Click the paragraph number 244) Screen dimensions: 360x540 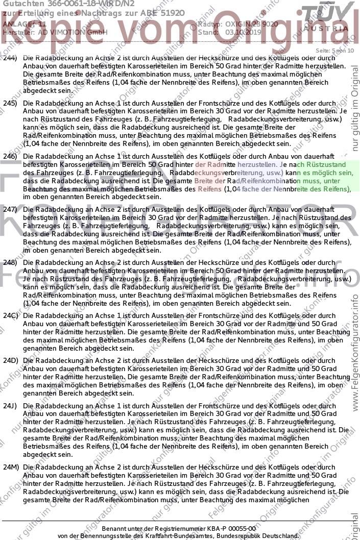tap(10, 58)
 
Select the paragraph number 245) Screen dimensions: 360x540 tap(10, 103)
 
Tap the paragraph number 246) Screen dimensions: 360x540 tap(10, 156)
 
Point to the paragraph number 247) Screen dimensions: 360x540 tap(10, 210)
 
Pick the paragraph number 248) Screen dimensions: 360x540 tap(10, 262)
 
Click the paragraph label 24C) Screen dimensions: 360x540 tap(10, 316)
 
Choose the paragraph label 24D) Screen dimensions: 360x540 tap(10, 361)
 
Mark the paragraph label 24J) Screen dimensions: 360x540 tap(10, 406)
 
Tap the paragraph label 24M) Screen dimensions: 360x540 tap(10, 467)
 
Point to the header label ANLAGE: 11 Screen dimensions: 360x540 tap(24, 23)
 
